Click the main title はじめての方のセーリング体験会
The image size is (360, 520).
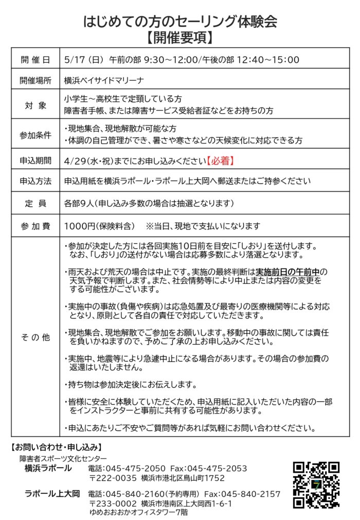pyautogui.click(x=180, y=21)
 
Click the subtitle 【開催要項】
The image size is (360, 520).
pyautogui.click(x=180, y=38)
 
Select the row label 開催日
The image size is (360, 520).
pyautogui.click(x=35, y=60)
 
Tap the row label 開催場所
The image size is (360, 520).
pyautogui.click(x=35, y=81)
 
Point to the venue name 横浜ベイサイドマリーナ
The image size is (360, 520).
pyautogui.click(x=104, y=81)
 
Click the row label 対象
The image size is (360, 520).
pyautogui.click(x=35, y=105)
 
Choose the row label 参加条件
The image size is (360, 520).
pyautogui.click(x=35, y=135)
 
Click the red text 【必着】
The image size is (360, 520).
pyautogui.click(x=221, y=160)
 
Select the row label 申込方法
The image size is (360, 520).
pyautogui.click(x=35, y=182)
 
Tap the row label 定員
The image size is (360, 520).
pyautogui.click(x=35, y=203)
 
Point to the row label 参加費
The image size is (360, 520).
pyautogui.click(x=35, y=225)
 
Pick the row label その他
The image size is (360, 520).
pyautogui.click(x=35, y=338)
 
